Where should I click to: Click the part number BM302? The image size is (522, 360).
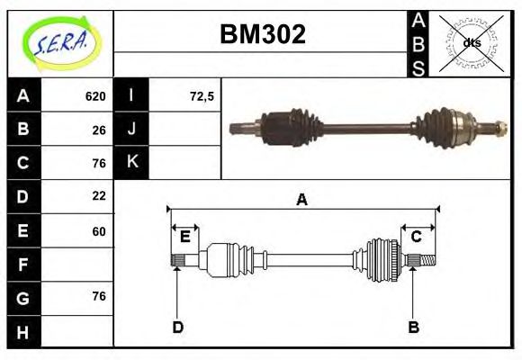[x=263, y=35]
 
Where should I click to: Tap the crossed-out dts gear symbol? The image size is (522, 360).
[x=471, y=42]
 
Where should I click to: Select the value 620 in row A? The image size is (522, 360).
[x=95, y=96]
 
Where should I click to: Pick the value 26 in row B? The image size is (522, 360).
[x=99, y=130]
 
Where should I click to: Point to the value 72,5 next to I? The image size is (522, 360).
[x=202, y=96]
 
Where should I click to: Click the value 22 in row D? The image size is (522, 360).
[x=99, y=195]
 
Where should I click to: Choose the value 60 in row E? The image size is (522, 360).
[x=99, y=230]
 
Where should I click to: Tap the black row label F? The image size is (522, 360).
[x=23, y=265]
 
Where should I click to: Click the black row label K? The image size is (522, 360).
[x=132, y=163]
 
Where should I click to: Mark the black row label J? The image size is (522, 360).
[x=132, y=130]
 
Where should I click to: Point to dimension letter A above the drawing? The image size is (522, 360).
[x=301, y=200]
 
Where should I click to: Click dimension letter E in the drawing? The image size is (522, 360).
[x=184, y=237]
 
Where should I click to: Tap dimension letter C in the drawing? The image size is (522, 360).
[x=417, y=237]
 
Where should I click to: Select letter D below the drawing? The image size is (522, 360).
[x=177, y=328]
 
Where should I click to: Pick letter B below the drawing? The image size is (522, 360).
[x=414, y=328]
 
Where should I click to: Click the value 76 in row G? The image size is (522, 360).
[x=99, y=296]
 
